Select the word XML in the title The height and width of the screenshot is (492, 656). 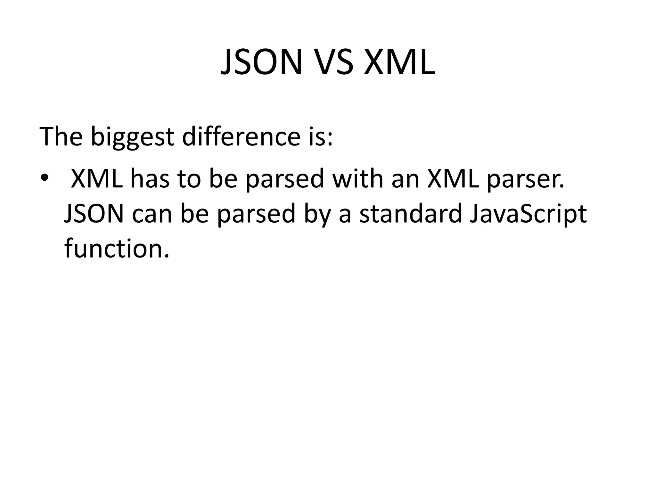[x=399, y=62]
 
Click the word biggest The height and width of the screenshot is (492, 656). [x=132, y=137]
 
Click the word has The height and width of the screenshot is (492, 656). [x=150, y=178]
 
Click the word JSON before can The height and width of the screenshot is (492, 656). [x=94, y=214]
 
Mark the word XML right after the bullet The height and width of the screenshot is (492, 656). [x=97, y=178]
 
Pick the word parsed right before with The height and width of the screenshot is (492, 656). [x=285, y=179]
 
